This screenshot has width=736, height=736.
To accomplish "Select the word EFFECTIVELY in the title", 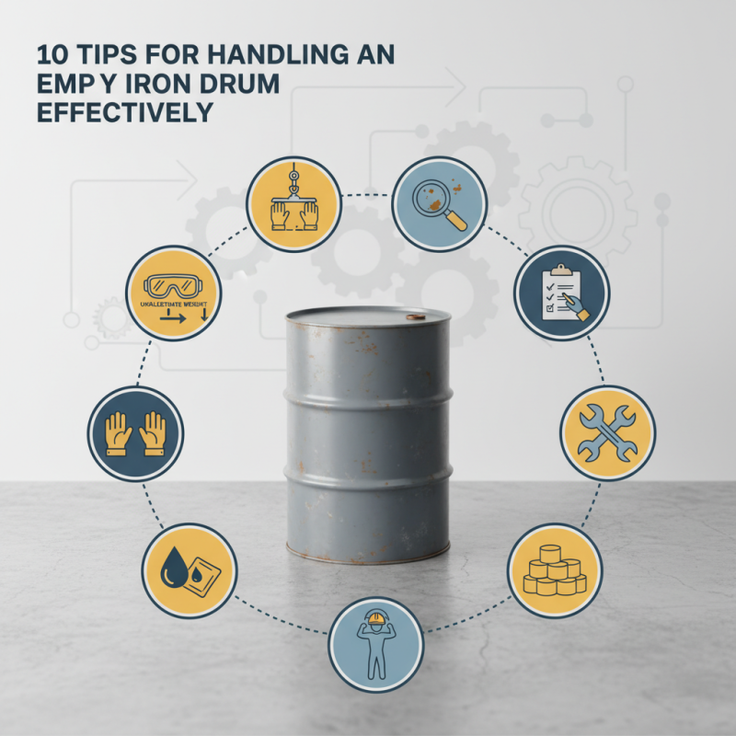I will [124, 112].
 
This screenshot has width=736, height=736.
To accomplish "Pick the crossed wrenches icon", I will [607, 433].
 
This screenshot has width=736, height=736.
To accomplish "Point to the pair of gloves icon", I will [135, 433].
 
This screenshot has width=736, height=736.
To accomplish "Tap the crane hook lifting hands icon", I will [294, 204].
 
